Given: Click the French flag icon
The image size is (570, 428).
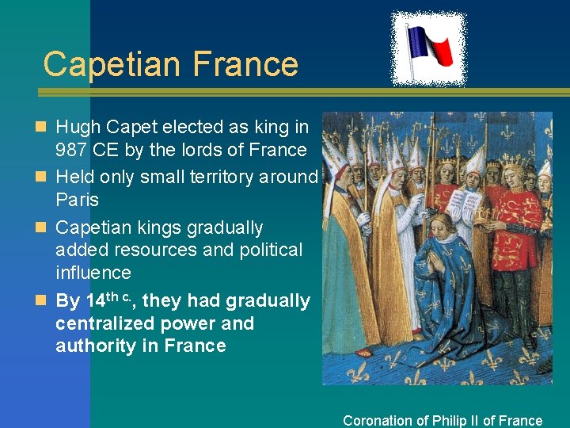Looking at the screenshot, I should point(428,49).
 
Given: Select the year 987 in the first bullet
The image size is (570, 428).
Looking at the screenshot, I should point(73,150).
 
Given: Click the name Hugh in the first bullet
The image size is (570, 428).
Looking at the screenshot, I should point(77,127).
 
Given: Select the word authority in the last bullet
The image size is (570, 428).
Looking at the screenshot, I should point(94,346).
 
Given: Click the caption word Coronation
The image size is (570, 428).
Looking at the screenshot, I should point(378,421).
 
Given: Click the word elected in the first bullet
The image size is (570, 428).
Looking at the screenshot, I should point(201,127).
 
